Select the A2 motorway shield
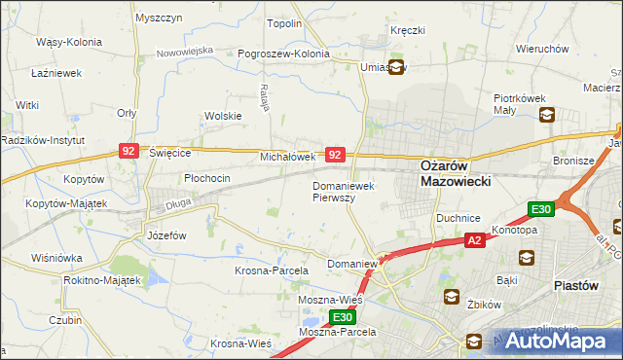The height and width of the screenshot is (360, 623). click(x=474, y=239)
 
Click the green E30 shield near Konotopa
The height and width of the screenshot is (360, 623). click(x=541, y=209)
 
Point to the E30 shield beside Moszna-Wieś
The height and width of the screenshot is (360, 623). click(x=342, y=317)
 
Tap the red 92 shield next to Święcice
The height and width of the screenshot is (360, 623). click(x=128, y=151)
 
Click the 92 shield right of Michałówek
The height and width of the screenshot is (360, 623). click(x=335, y=155)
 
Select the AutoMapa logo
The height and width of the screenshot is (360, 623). click(x=555, y=342)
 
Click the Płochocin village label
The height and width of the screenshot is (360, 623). click(x=207, y=178)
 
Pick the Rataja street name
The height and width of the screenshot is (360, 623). click(x=264, y=97)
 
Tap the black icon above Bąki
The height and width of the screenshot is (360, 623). click(x=527, y=258)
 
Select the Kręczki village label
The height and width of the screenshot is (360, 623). click(x=408, y=30)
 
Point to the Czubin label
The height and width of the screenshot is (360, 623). click(x=65, y=319)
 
